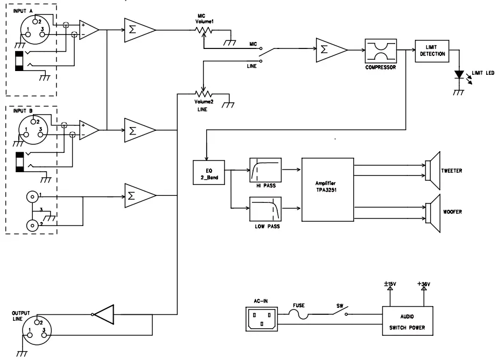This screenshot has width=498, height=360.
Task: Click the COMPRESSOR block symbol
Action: pos(380,52)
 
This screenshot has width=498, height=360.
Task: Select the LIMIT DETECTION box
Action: pos(432,51)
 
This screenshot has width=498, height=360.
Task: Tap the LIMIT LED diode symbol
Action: pos(459,75)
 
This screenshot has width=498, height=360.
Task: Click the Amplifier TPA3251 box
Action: pos(327,189)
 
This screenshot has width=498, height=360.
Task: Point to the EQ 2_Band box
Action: pos(209,172)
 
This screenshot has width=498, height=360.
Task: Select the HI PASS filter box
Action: pos(265,171)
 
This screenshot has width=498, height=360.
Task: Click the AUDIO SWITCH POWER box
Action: pos(408,322)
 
